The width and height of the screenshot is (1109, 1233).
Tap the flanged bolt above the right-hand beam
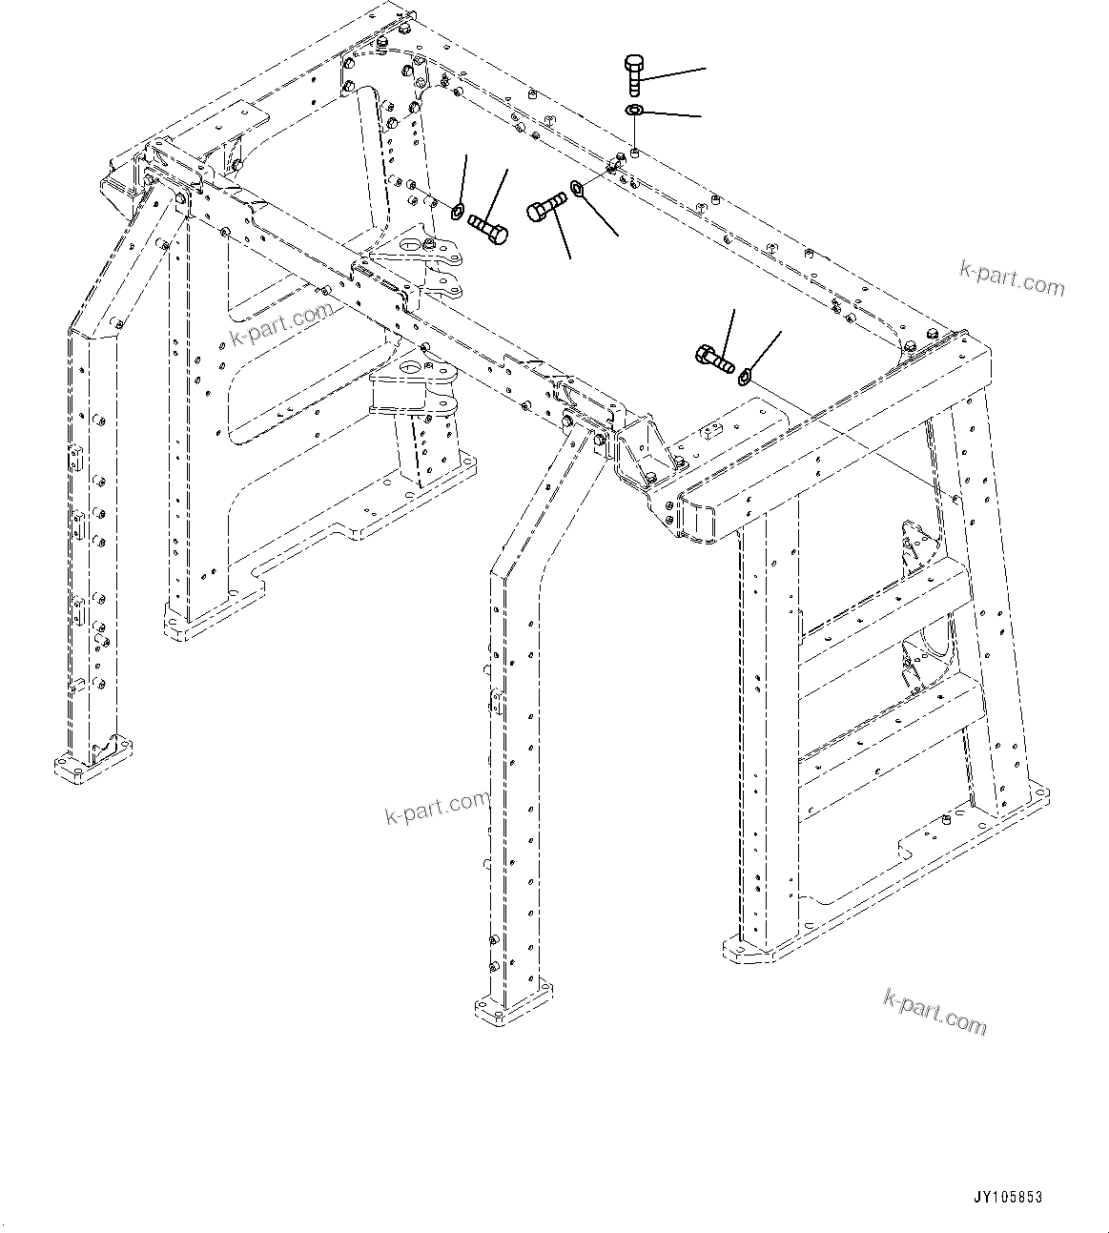coord(714,360)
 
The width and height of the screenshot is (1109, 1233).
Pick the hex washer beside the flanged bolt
coord(745,374)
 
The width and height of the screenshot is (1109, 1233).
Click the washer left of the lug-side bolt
coord(458,211)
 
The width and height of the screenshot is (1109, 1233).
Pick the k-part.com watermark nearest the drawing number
coord(934,1011)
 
